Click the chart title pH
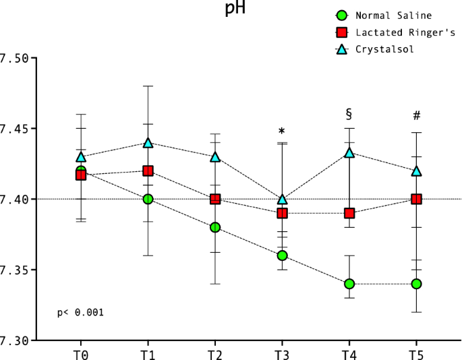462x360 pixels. [x=234, y=9]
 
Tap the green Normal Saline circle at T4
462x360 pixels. [x=349, y=284]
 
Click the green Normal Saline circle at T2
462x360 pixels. [x=215, y=227]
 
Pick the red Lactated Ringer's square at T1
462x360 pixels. [x=148, y=171]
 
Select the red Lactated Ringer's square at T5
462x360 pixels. [x=417, y=199]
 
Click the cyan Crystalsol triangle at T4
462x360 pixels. [x=349, y=152]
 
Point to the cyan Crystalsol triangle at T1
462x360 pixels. [x=148, y=143]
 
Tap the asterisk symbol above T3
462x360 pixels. [x=282, y=131]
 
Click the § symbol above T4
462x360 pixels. [x=349, y=113]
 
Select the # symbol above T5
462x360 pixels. [x=417, y=116]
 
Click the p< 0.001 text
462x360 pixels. [x=80, y=313]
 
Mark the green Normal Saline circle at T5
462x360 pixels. [x=417, y=284]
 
